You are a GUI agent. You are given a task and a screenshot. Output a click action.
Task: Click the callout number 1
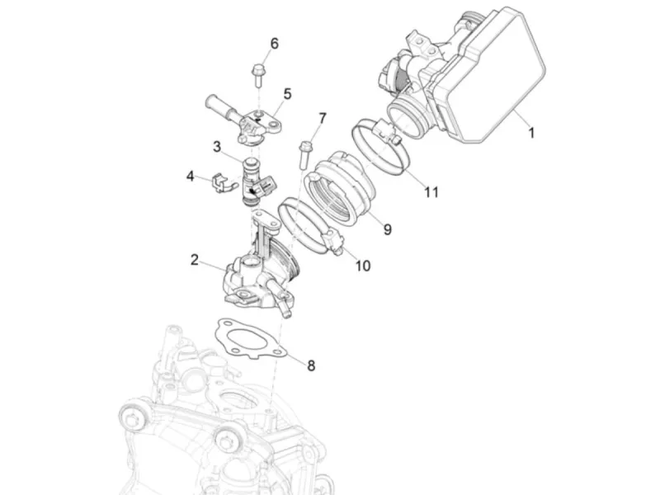tap(531, 133)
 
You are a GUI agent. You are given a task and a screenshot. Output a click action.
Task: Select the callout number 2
tap(194, 260)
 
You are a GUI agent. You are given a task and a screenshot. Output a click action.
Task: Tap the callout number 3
tap(217, 147)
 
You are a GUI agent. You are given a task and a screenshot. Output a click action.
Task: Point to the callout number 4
tap(191, 176)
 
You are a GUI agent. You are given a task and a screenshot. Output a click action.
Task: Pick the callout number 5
tap(287, 94)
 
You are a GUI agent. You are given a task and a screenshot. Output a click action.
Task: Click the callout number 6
tap(275, 44)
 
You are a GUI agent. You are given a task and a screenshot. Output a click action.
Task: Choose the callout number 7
tap(323, 118)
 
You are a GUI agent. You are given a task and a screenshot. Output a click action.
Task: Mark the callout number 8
tap(311, 365)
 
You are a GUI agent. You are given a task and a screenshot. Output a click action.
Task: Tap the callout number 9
tap(387, 229)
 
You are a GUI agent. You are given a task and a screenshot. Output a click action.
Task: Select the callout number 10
tap(363, 266)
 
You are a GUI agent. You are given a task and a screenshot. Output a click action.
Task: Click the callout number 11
tap(431, 192)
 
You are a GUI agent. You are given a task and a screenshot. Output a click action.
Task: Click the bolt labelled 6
tap(258, 75)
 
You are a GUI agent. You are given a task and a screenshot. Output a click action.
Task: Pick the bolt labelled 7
tap(304, 155)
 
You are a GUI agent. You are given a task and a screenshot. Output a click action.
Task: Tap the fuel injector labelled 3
tap(256, 181)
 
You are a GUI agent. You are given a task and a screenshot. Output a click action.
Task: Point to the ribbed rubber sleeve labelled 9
tap(338, 188)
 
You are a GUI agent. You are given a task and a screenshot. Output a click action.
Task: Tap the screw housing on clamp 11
tap(388, 130)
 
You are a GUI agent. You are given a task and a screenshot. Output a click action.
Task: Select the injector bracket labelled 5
tap(245, 120)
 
